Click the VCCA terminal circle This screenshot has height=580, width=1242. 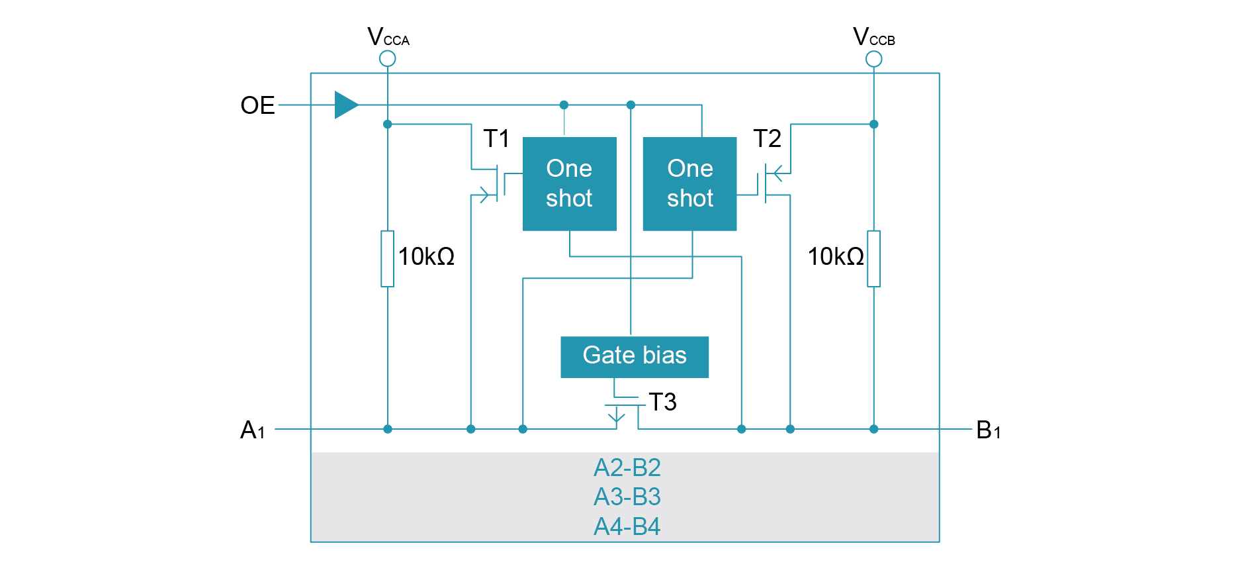(x=388, y=59)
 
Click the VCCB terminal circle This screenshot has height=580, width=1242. (x=873, y=59)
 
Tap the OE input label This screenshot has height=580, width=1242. (x=257, y=105)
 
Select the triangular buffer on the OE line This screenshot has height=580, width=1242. (x=346, y=105)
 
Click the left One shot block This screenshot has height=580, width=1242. (x=569, y=183)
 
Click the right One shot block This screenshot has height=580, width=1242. (x=689, y=183)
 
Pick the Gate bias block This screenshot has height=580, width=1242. (x=634, y=357)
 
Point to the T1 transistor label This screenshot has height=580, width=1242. (x=496, y=138)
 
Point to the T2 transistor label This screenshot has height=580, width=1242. (x=767, y=138)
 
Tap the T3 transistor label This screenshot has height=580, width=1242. (x=662, y=402)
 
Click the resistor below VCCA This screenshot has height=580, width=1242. (x=388, y=258)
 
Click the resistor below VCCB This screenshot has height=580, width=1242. (x=873, y=258)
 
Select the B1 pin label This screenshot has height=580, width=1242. (x=988, y=430)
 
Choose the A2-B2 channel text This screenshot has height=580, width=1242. (x=627, y=467)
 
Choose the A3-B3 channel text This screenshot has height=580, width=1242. (x=627, y=497)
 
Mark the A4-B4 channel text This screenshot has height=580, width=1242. (x=627, y=526)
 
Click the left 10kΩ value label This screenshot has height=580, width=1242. (x=426, y=256)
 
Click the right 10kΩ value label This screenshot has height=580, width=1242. (x=836, y=256)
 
